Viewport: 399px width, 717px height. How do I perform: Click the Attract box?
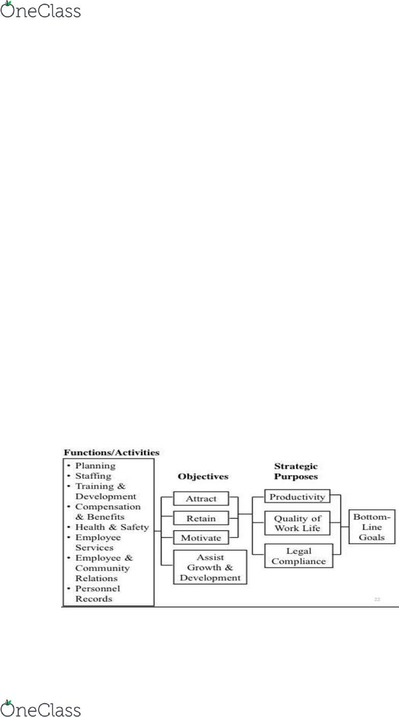click(x=201, y=499)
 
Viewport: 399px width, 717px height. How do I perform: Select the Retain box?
click(x=201, y=518)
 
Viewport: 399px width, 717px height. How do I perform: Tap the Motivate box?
click(x=201, y=538)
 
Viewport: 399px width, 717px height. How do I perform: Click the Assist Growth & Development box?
click(x=210, y=567)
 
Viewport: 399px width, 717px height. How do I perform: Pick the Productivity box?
click(x=297, y=497)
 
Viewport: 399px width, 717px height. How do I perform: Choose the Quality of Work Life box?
click(x=297, y=523)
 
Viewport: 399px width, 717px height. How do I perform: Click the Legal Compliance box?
click(x=299, y=556)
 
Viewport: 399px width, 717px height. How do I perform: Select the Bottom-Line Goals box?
click(x=372, y=527)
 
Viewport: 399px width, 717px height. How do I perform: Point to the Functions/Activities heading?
click(x=111, y=453)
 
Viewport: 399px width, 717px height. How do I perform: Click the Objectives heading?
click(x=203, y=477)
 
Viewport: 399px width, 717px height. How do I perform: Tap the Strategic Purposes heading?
click(x=296, y=471)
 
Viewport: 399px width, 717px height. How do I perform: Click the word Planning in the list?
click(x=95, y=466)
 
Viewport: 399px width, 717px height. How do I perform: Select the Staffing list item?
click(x=93, y=476)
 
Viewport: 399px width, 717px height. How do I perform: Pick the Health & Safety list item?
click(x=112, y=527)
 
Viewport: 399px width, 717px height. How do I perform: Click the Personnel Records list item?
click(x=98, y=594)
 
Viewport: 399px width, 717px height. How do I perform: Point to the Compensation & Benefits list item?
click(x=108, y=512)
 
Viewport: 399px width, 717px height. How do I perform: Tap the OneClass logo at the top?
click(x=40, y=9)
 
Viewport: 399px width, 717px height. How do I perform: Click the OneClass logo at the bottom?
click(x=40, y=708)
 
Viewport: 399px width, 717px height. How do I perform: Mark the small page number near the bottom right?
click(x=377, y=599)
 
